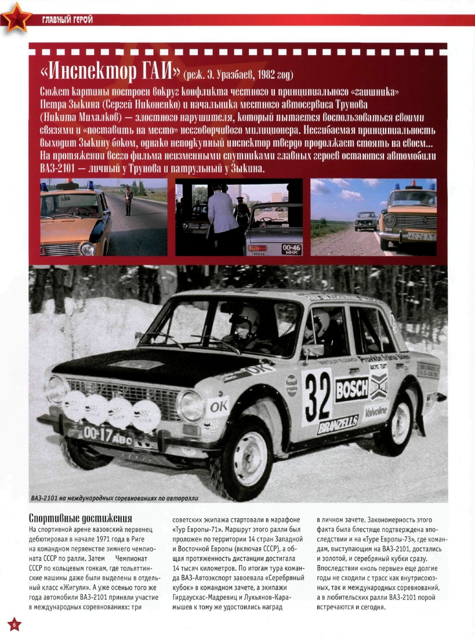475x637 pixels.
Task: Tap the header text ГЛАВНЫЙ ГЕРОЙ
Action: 67,21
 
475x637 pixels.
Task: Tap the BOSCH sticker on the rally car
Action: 351,388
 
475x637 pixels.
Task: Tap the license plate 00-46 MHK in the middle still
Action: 291,249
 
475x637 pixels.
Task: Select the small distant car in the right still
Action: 365,221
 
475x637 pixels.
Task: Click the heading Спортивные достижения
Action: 81,518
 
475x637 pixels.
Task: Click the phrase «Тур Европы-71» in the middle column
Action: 195,529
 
